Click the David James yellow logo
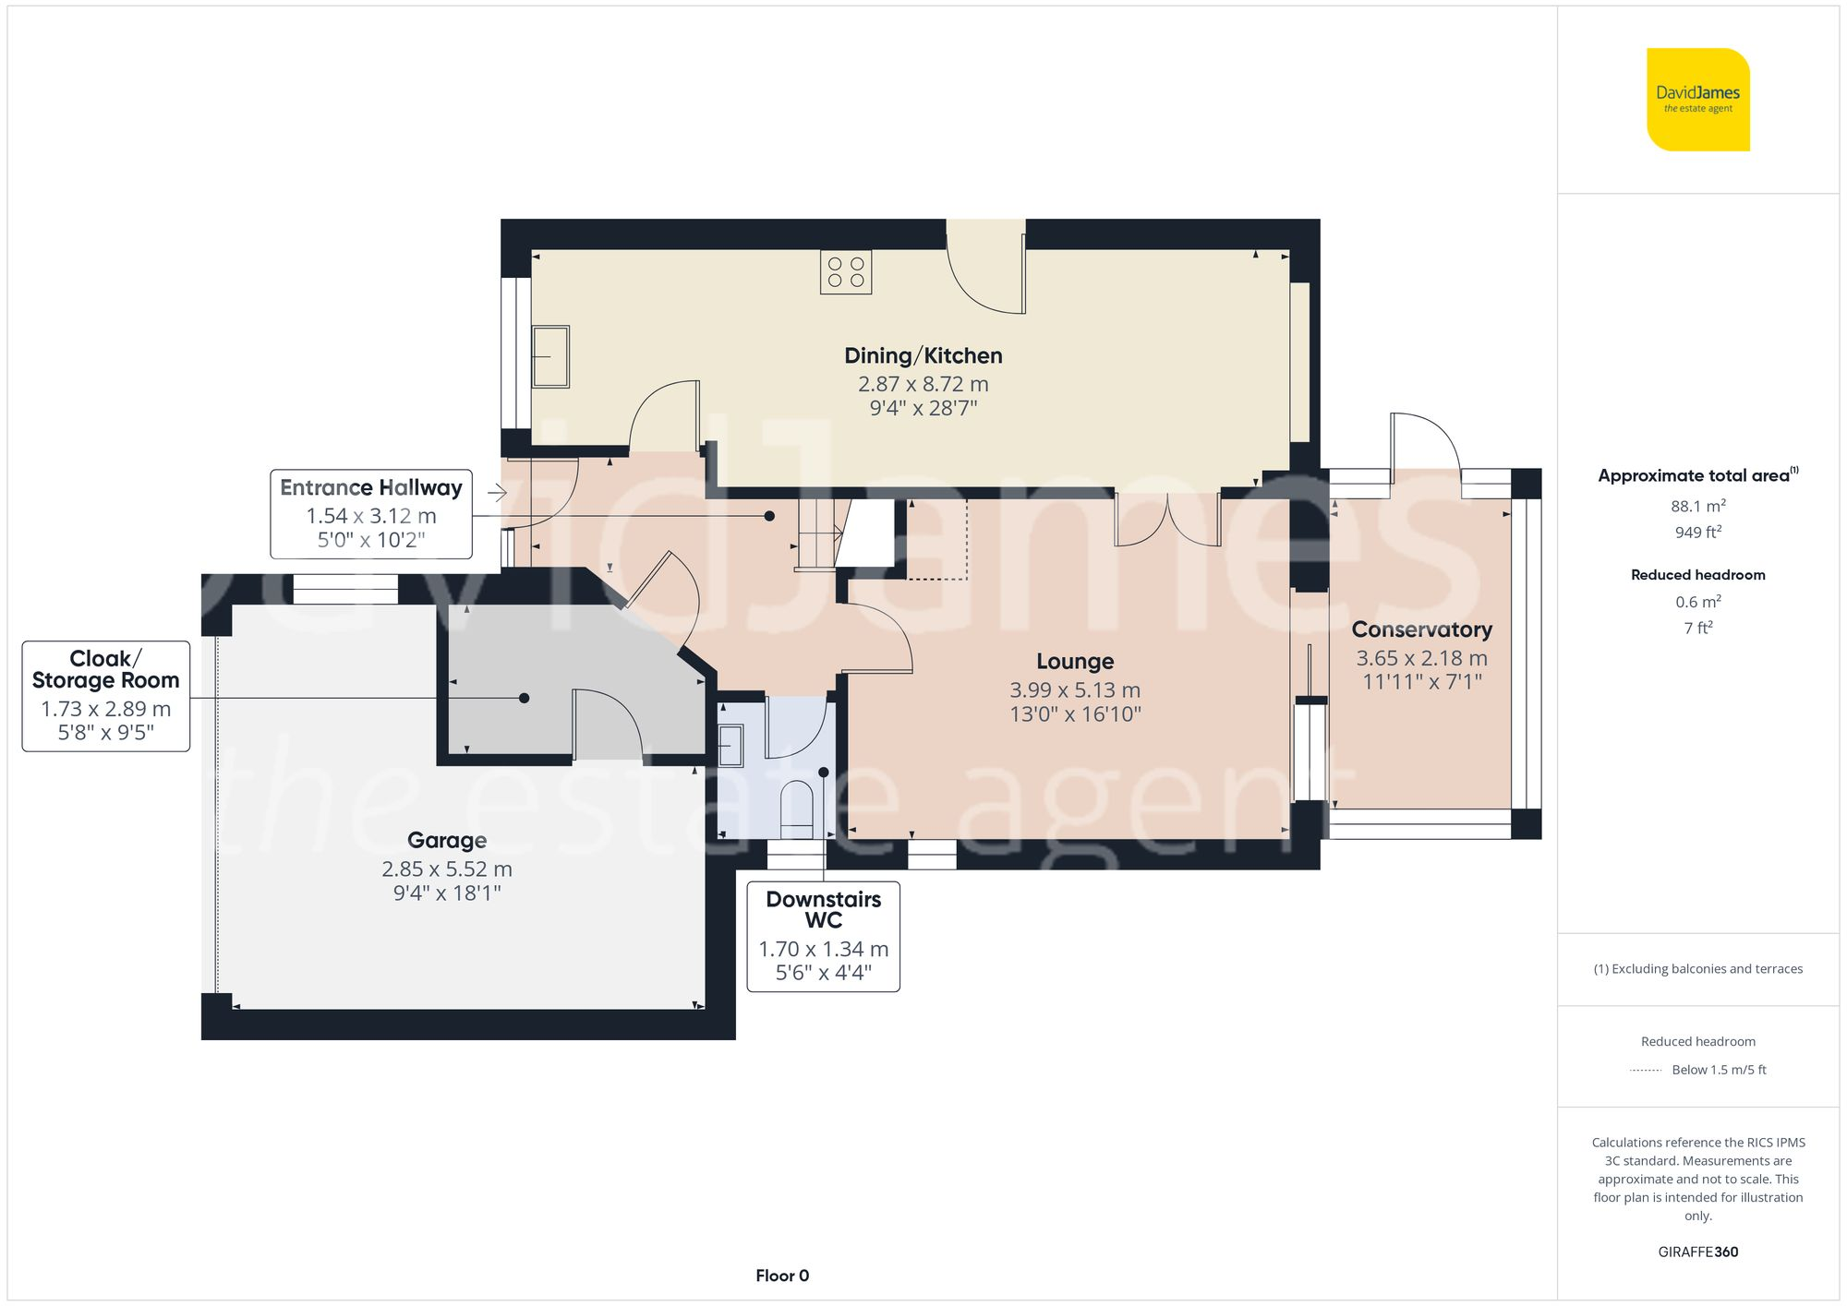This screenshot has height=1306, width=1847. [x=1697, y=100]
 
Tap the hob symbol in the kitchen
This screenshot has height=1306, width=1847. [x=845, y=272]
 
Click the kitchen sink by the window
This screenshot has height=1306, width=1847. [x=550, y=356]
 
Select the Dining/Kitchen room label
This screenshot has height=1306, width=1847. [x=923, y=355]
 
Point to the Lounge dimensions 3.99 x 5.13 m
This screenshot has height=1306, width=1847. [x=1075, y=689]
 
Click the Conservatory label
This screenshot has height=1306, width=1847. [x=1421, y=629]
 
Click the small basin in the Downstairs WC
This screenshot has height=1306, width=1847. [x=730, y=746]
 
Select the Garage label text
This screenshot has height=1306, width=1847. [x=447, y=840]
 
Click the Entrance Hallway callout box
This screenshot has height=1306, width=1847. [x=371, y=514]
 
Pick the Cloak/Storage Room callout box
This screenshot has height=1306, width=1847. [x=106, y=696]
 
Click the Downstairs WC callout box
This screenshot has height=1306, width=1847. [x=823, y=936]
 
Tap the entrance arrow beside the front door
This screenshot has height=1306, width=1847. [x=498, y=493]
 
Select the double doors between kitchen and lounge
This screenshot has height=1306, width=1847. [x=1167, y=521]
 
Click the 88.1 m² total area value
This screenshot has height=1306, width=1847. [x=1697, y=506]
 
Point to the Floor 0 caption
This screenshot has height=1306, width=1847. [x=781, y=1276]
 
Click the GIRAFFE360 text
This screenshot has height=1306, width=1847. [x=1697, y=1252]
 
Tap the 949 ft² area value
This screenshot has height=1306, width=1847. [x=1697, y=533]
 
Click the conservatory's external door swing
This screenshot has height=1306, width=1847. [x=1425, y=443]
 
